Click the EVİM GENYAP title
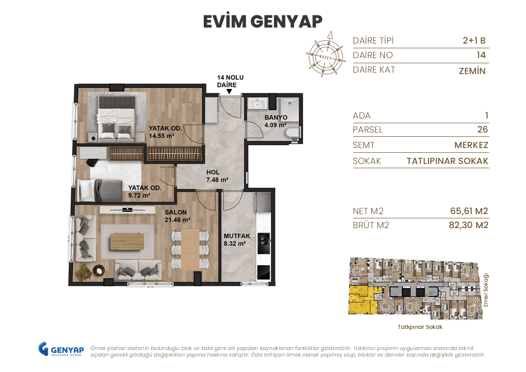[263, 22]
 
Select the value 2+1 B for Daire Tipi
[474, 41]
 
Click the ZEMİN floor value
[472, 71]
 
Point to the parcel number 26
[482, 130]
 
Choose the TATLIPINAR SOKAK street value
[447, 161]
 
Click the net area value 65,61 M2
[468, 211]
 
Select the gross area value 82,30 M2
[468, 225]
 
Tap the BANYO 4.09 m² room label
[275, 121]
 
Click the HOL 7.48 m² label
[217, 176]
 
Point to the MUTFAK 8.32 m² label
[236, 240]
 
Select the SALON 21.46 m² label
[177, 216]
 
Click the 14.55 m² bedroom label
[162, 132]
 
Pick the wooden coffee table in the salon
[127, 241]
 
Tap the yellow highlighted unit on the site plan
[362, 300]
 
